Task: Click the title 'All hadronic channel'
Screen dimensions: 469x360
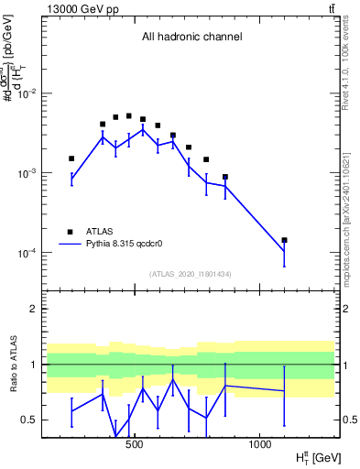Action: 191,38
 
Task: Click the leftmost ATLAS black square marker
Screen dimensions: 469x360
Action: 71,158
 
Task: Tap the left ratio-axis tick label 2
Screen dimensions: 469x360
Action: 34,309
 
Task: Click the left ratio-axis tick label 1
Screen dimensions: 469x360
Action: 34,365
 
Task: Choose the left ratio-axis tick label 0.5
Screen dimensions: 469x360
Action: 30,420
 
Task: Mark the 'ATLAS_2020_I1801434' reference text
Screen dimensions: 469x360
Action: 191,274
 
